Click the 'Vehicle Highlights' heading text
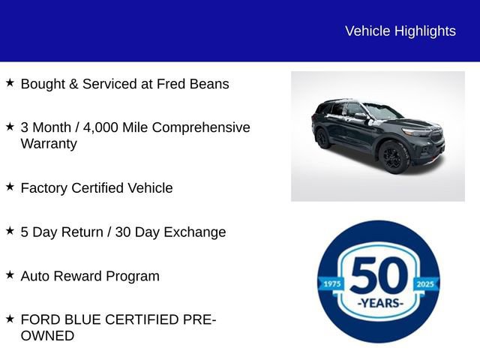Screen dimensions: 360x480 pyautogui.click(x=400, y=31)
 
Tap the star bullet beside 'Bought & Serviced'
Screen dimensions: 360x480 pyautogui.click(x=10, y=83)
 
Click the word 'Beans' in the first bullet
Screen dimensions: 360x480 pyautogui.click(x=209, y=84)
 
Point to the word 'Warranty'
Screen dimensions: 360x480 pyautogui.click(x=49, y=143)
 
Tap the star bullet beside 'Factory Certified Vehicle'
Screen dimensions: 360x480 pyautogui.click(x=10, y=187)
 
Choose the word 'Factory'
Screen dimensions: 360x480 pyautogui.click(x=44, y=187)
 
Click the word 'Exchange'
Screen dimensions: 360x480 pyautogui.click(x=192, y=232)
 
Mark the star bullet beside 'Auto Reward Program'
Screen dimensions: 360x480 pyautogui.click(x=10, y=275)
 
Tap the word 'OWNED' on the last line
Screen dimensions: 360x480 pyautogui.click(x=47, y=336)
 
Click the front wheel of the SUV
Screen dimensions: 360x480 pyautogui.click(x=392, y=157)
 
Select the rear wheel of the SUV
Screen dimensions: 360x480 pyautogui.click(x=323, y=138)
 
